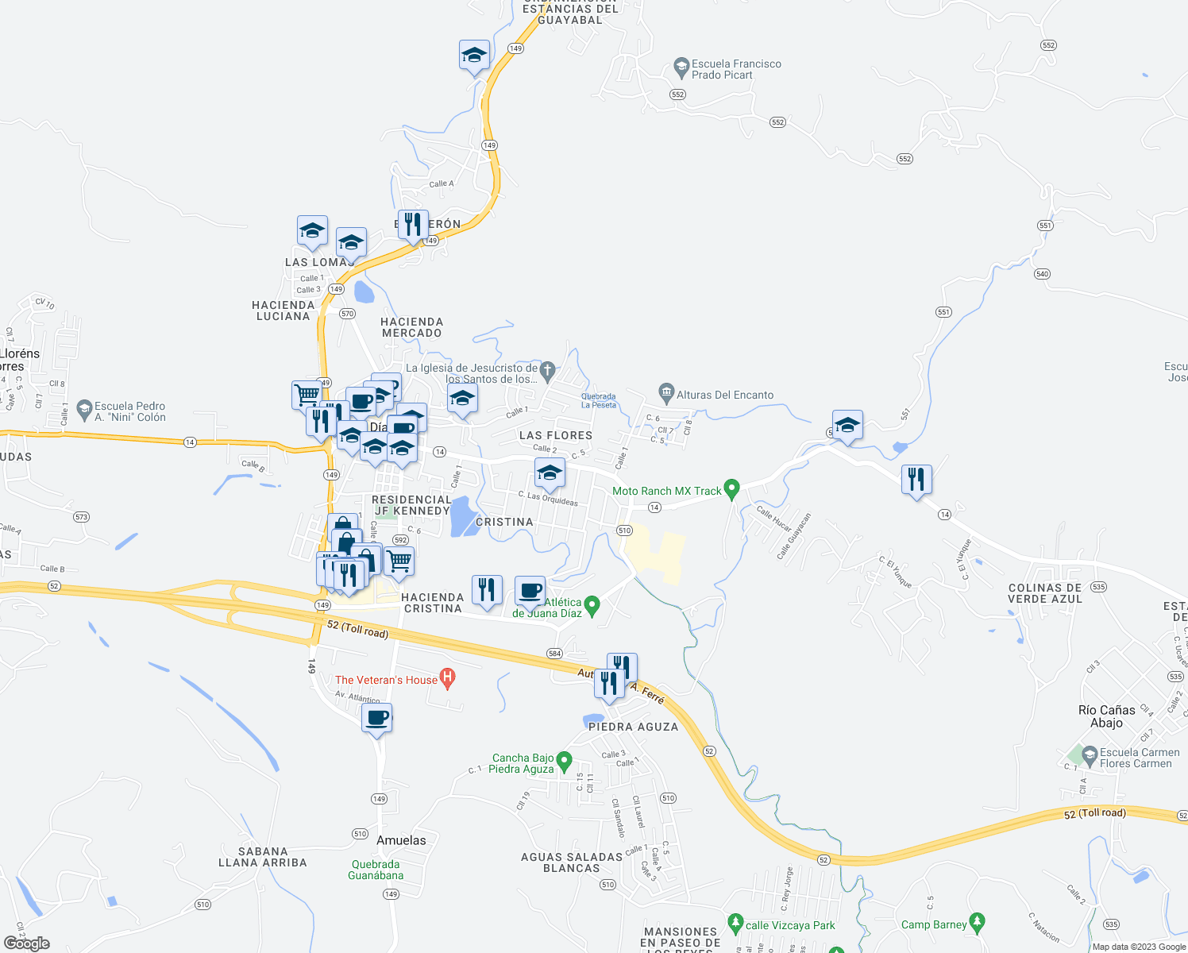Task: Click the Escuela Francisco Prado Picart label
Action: pos(736,70)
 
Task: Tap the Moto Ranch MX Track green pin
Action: pos(732,488)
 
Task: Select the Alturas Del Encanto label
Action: pos(724,395)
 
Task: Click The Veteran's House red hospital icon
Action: pos(448,679)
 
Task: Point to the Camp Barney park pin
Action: pos(978,923)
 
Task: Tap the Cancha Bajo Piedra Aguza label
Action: pos(522,763)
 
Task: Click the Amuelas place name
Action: pos(401,840)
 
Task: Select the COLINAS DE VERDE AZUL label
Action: pos(1045,593)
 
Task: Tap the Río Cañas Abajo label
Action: pos(1107,716)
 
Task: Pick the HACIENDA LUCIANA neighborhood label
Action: pos(283,311)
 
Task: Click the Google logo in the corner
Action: pos(27,943)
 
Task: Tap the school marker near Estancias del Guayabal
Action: pos(474,56)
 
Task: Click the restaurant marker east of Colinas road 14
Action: pos(916,480)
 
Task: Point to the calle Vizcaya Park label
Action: pos(790,925)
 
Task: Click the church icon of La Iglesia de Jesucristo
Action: pos(547,369)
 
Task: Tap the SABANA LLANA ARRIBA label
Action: pos(263,857)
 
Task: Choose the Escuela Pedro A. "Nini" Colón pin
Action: pos(85,410)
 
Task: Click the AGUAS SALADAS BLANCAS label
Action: pos(572,862)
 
